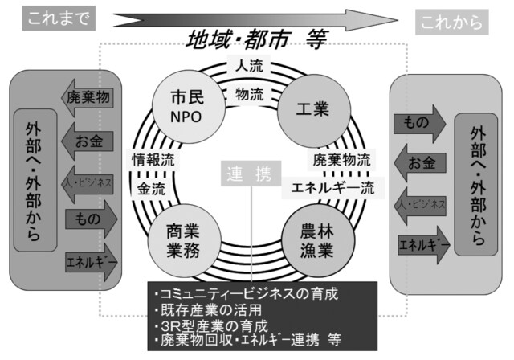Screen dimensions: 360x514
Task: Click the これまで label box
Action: (x=56, y=17)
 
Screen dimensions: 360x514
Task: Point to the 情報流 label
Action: (x=152, y=159)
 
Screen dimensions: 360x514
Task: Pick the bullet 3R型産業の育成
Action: (x=213, y=325)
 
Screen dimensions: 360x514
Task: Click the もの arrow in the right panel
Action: (x=418, y=124)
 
